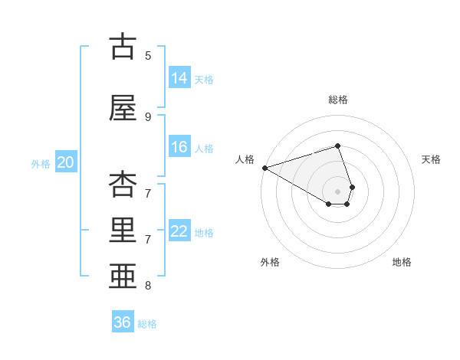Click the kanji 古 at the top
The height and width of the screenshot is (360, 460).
click(122, 47)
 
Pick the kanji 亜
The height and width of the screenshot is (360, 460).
click(122, 277)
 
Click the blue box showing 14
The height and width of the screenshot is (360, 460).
click(179, 78)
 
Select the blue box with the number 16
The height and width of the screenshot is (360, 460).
click(179, 147)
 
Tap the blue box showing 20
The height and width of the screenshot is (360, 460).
click(66, 162)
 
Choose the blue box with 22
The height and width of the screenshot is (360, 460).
click(179, 231)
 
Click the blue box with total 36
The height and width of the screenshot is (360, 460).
click(123, 322)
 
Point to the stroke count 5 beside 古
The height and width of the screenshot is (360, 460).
click(148, 55)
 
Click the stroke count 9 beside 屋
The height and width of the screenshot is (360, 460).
click(148, 116)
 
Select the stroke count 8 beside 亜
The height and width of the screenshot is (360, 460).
click(148, 286)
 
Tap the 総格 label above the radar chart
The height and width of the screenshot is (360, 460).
click(338, 100)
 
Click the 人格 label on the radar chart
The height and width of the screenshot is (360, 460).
click(245, 159)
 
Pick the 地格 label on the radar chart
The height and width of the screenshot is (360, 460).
click(402, 262)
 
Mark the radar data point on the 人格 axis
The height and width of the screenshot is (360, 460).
click(264, 167)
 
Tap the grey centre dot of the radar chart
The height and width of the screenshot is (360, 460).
click(338, 191)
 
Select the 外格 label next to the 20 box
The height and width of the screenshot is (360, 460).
click(41, 163)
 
